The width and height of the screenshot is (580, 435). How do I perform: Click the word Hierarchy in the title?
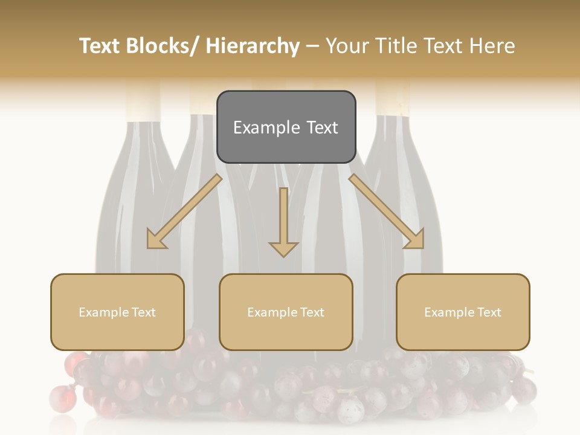(x=253, y=47)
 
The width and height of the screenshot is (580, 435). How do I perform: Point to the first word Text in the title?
(x=99, y=47)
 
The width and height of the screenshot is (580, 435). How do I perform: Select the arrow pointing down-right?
(x=387, y=211)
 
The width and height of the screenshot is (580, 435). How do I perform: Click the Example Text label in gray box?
(x=286, y=127)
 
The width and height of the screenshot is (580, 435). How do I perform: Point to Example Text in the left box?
(x=117, y=312)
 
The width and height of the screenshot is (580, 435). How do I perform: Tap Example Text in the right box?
(x=463, y=312)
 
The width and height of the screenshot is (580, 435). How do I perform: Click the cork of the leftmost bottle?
(x=143, y=103)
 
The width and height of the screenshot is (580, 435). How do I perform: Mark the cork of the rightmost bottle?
(x=393, y=100)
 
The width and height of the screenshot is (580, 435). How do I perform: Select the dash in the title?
(x=312, y=47)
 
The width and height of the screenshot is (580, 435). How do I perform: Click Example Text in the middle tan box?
(x=286, y=312)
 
